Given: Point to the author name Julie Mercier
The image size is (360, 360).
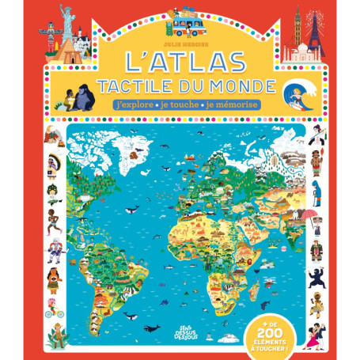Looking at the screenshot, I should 180,41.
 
